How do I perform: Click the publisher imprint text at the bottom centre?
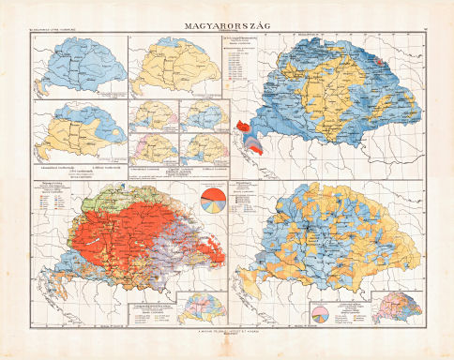(x=227, y=331)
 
